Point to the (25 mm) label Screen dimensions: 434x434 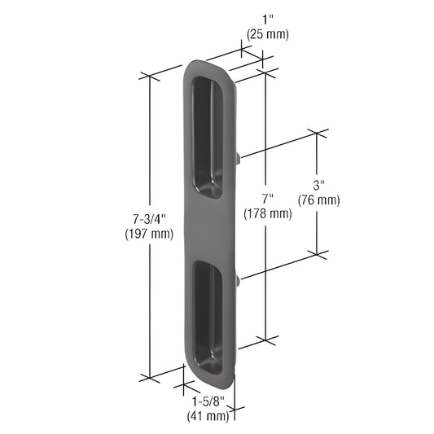tap(265, 34)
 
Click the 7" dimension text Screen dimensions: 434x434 tap(267, 199)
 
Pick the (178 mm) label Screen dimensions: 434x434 tap(267, 214)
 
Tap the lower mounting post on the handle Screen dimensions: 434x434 tap(237, 281)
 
